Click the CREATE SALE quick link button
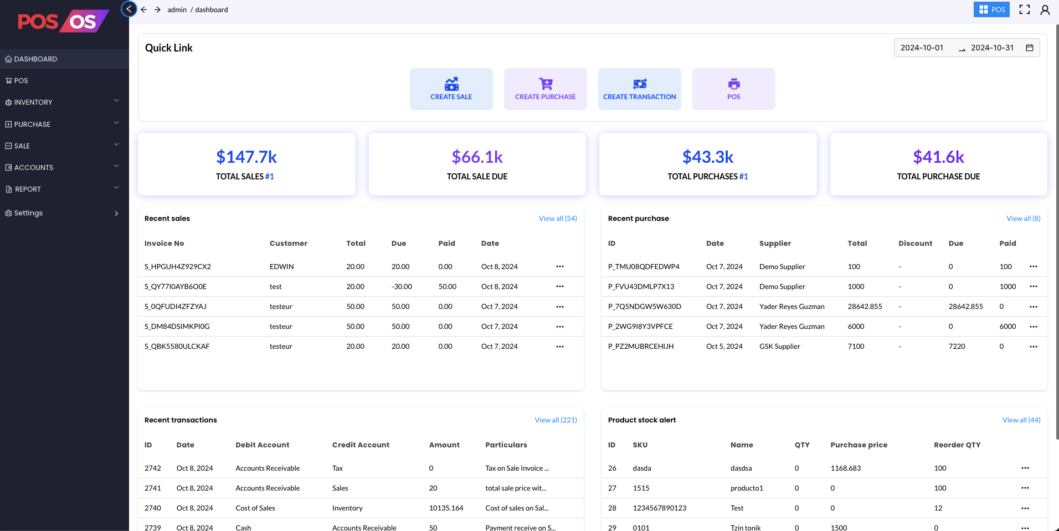point(451,89)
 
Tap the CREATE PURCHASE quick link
point(545,89)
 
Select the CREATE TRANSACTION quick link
point(639,89)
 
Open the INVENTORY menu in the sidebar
point(33,102)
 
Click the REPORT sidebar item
point(28,189)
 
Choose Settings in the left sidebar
point(28,213)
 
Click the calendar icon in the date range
point(1030,48)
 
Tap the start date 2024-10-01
point(922,48)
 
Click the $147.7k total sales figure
point(246,157)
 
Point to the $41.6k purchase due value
point(938,157)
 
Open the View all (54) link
point(558,219)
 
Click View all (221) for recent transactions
point(556,420)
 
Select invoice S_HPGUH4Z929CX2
point(178,267)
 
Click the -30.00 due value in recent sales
point(402,287)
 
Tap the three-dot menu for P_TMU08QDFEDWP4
point(1034,267)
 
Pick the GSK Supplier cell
point(779,347)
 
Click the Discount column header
point(915,244)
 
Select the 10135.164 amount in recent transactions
point(446,508)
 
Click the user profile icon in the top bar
point(1045,10)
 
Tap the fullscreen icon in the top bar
point(1025,10)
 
